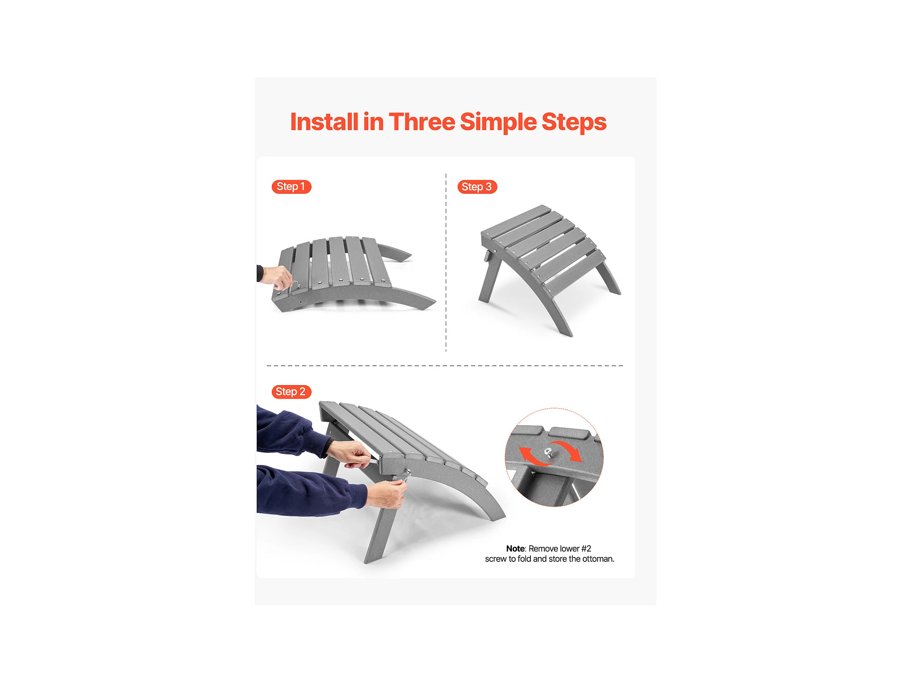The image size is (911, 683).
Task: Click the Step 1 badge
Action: pyautogui.click(x=291, y=187)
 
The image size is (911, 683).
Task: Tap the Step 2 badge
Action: pyautogui.click(x=291, y=392)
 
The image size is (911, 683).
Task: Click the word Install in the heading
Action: pyautogui.click(x=324, y=122)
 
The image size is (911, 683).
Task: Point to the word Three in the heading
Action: pyautogui.click(x=422, y=122)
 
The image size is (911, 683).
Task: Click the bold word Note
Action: pyautogui.click(x=515, y=549)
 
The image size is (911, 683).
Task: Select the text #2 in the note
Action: pyautogui.click(x=586, y=549)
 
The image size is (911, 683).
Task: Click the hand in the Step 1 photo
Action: pyautogui.click(x=278, y=277)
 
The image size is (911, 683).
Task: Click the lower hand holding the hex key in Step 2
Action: pyautogui.click(x=386, y=494)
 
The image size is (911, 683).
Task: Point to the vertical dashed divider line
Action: pyautogui.click(x=446, y=263)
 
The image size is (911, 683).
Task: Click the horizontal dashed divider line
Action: pyautogui.click(x=445, y=365)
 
